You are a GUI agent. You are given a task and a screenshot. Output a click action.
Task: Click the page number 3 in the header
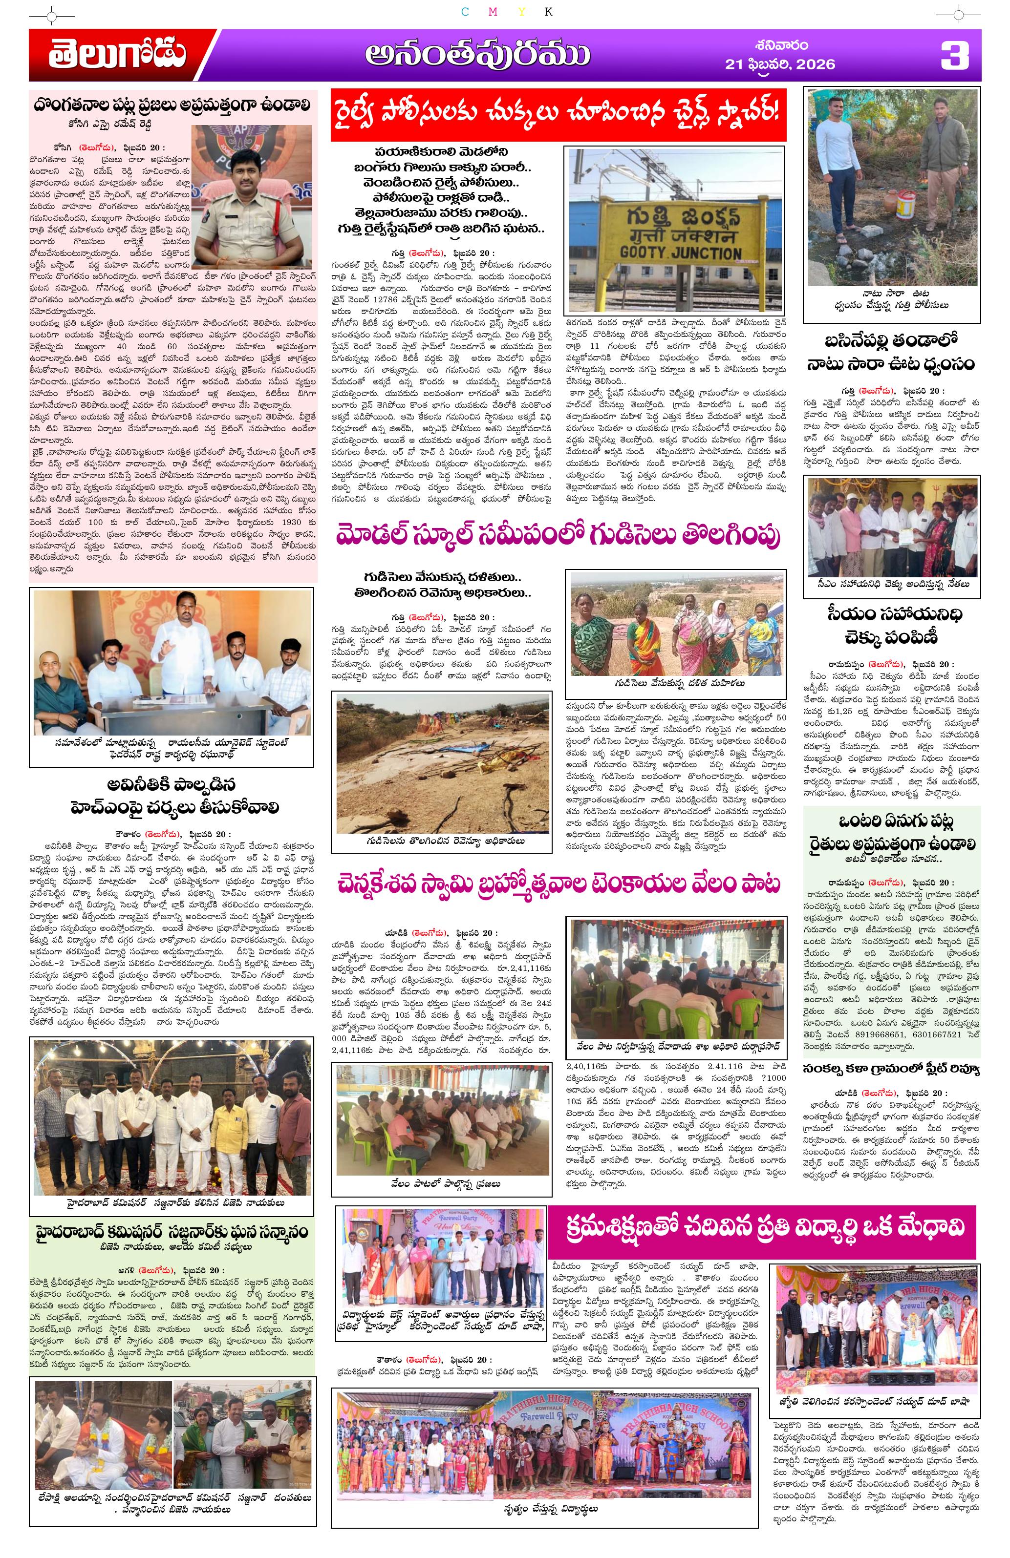(954, 56)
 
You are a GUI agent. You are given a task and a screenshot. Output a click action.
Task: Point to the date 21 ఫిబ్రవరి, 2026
(779, 63)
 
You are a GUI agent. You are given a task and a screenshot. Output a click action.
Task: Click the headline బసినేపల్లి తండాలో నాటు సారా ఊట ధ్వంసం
(893, 352)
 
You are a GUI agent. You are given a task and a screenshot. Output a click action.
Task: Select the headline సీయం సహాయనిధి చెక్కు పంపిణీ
(893, 625)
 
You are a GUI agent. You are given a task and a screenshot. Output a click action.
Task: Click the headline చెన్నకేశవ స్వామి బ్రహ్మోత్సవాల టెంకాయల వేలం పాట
(558, 884)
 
